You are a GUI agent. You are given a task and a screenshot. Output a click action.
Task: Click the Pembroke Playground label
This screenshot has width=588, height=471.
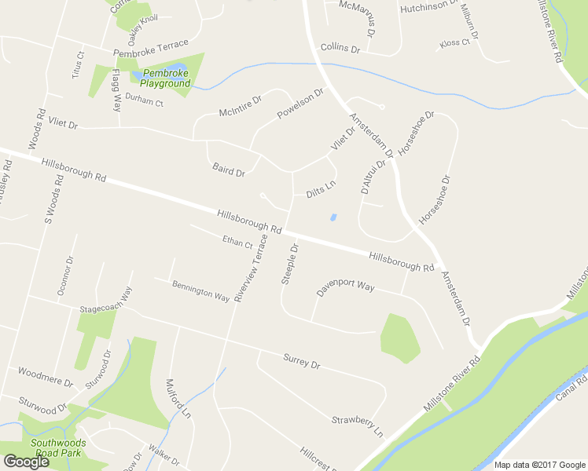point(165,78)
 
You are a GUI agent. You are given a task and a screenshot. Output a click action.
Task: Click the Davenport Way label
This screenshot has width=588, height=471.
point(345,287)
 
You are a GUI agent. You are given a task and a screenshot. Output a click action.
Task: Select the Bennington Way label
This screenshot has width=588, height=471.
point(200,292)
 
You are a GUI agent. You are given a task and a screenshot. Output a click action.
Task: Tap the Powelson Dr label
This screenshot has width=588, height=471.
point(300,104)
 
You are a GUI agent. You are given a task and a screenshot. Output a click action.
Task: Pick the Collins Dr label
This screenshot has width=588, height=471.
point(340,49)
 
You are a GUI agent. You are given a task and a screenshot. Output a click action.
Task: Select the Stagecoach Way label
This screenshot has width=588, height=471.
point(105,301)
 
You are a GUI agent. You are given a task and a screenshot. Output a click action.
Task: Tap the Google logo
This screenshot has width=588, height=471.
point(25,462)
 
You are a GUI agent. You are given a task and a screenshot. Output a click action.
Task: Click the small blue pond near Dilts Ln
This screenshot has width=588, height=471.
point(333,217)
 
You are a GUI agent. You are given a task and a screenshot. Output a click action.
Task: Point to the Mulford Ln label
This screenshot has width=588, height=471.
point(178,398)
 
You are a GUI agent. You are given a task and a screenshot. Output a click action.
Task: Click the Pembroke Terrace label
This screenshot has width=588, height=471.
point(151,49)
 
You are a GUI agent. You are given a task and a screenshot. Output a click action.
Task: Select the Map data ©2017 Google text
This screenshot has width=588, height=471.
point(540,465)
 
